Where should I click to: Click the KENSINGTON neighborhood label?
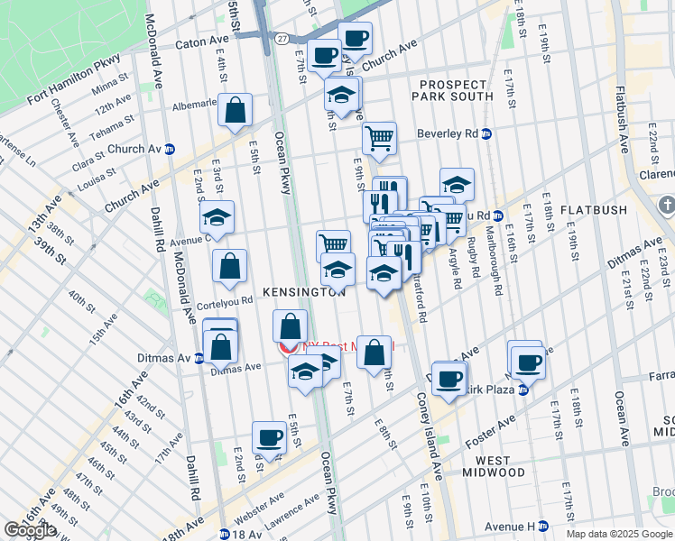click(304, 292)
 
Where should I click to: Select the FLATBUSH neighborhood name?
click(593, 210)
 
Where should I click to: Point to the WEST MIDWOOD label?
click(493, 472)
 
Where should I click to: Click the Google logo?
click(30, 530)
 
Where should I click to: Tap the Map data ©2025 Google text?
click(619, 534)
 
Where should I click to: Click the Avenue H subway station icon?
click(543, 526)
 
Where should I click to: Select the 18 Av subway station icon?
click(223, 534)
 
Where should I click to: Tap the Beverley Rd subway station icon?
click(486, 133)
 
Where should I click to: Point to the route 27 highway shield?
click(282, 38)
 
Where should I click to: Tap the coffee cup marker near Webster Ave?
click(269, 436)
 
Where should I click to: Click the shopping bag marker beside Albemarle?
click(235, 111)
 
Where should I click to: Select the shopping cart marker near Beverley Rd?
click(380, 138)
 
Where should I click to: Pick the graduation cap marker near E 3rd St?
click(217, 216)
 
